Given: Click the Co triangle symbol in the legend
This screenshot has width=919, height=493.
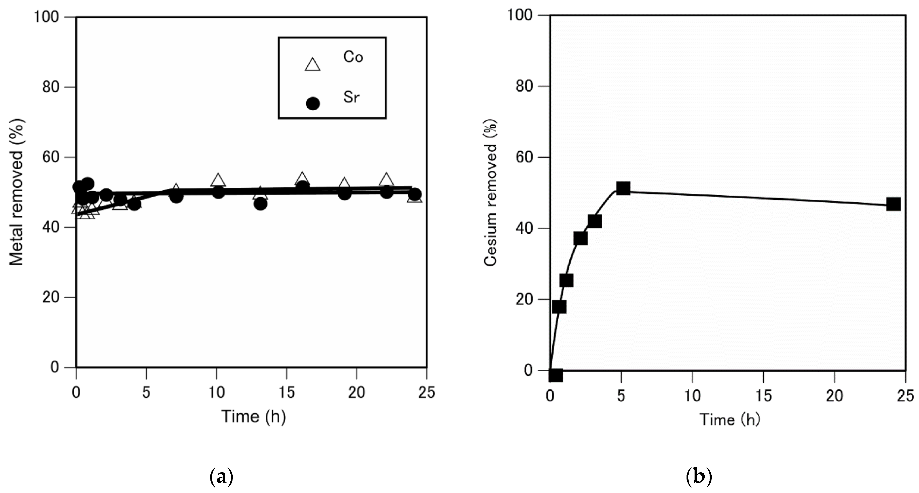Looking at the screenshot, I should [x=313, y=65].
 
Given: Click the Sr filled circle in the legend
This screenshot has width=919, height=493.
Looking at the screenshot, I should [x=313, y=104].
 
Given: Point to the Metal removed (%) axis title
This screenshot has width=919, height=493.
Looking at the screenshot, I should [x=16, y=192].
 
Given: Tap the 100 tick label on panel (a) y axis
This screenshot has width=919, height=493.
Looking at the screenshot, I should [x=51, y=17].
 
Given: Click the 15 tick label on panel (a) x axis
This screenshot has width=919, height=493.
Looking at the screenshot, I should [x=286, y=393].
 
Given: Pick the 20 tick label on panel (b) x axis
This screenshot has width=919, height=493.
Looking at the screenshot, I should [x=835, y=395].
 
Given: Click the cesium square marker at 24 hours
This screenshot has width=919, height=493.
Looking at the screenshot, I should [x=893, y=204].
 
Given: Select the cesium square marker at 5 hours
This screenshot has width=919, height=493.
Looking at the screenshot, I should [x=623, y=188].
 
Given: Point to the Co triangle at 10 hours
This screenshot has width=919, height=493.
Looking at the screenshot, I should [x=218, y=180].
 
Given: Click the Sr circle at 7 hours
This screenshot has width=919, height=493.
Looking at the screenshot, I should [x=176, y=197].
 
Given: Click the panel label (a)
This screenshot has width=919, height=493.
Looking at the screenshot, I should [x=221, y=477].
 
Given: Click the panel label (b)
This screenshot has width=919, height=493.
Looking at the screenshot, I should [x=698, y=477].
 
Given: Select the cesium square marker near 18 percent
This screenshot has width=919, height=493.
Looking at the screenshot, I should [x=559, y=307].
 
